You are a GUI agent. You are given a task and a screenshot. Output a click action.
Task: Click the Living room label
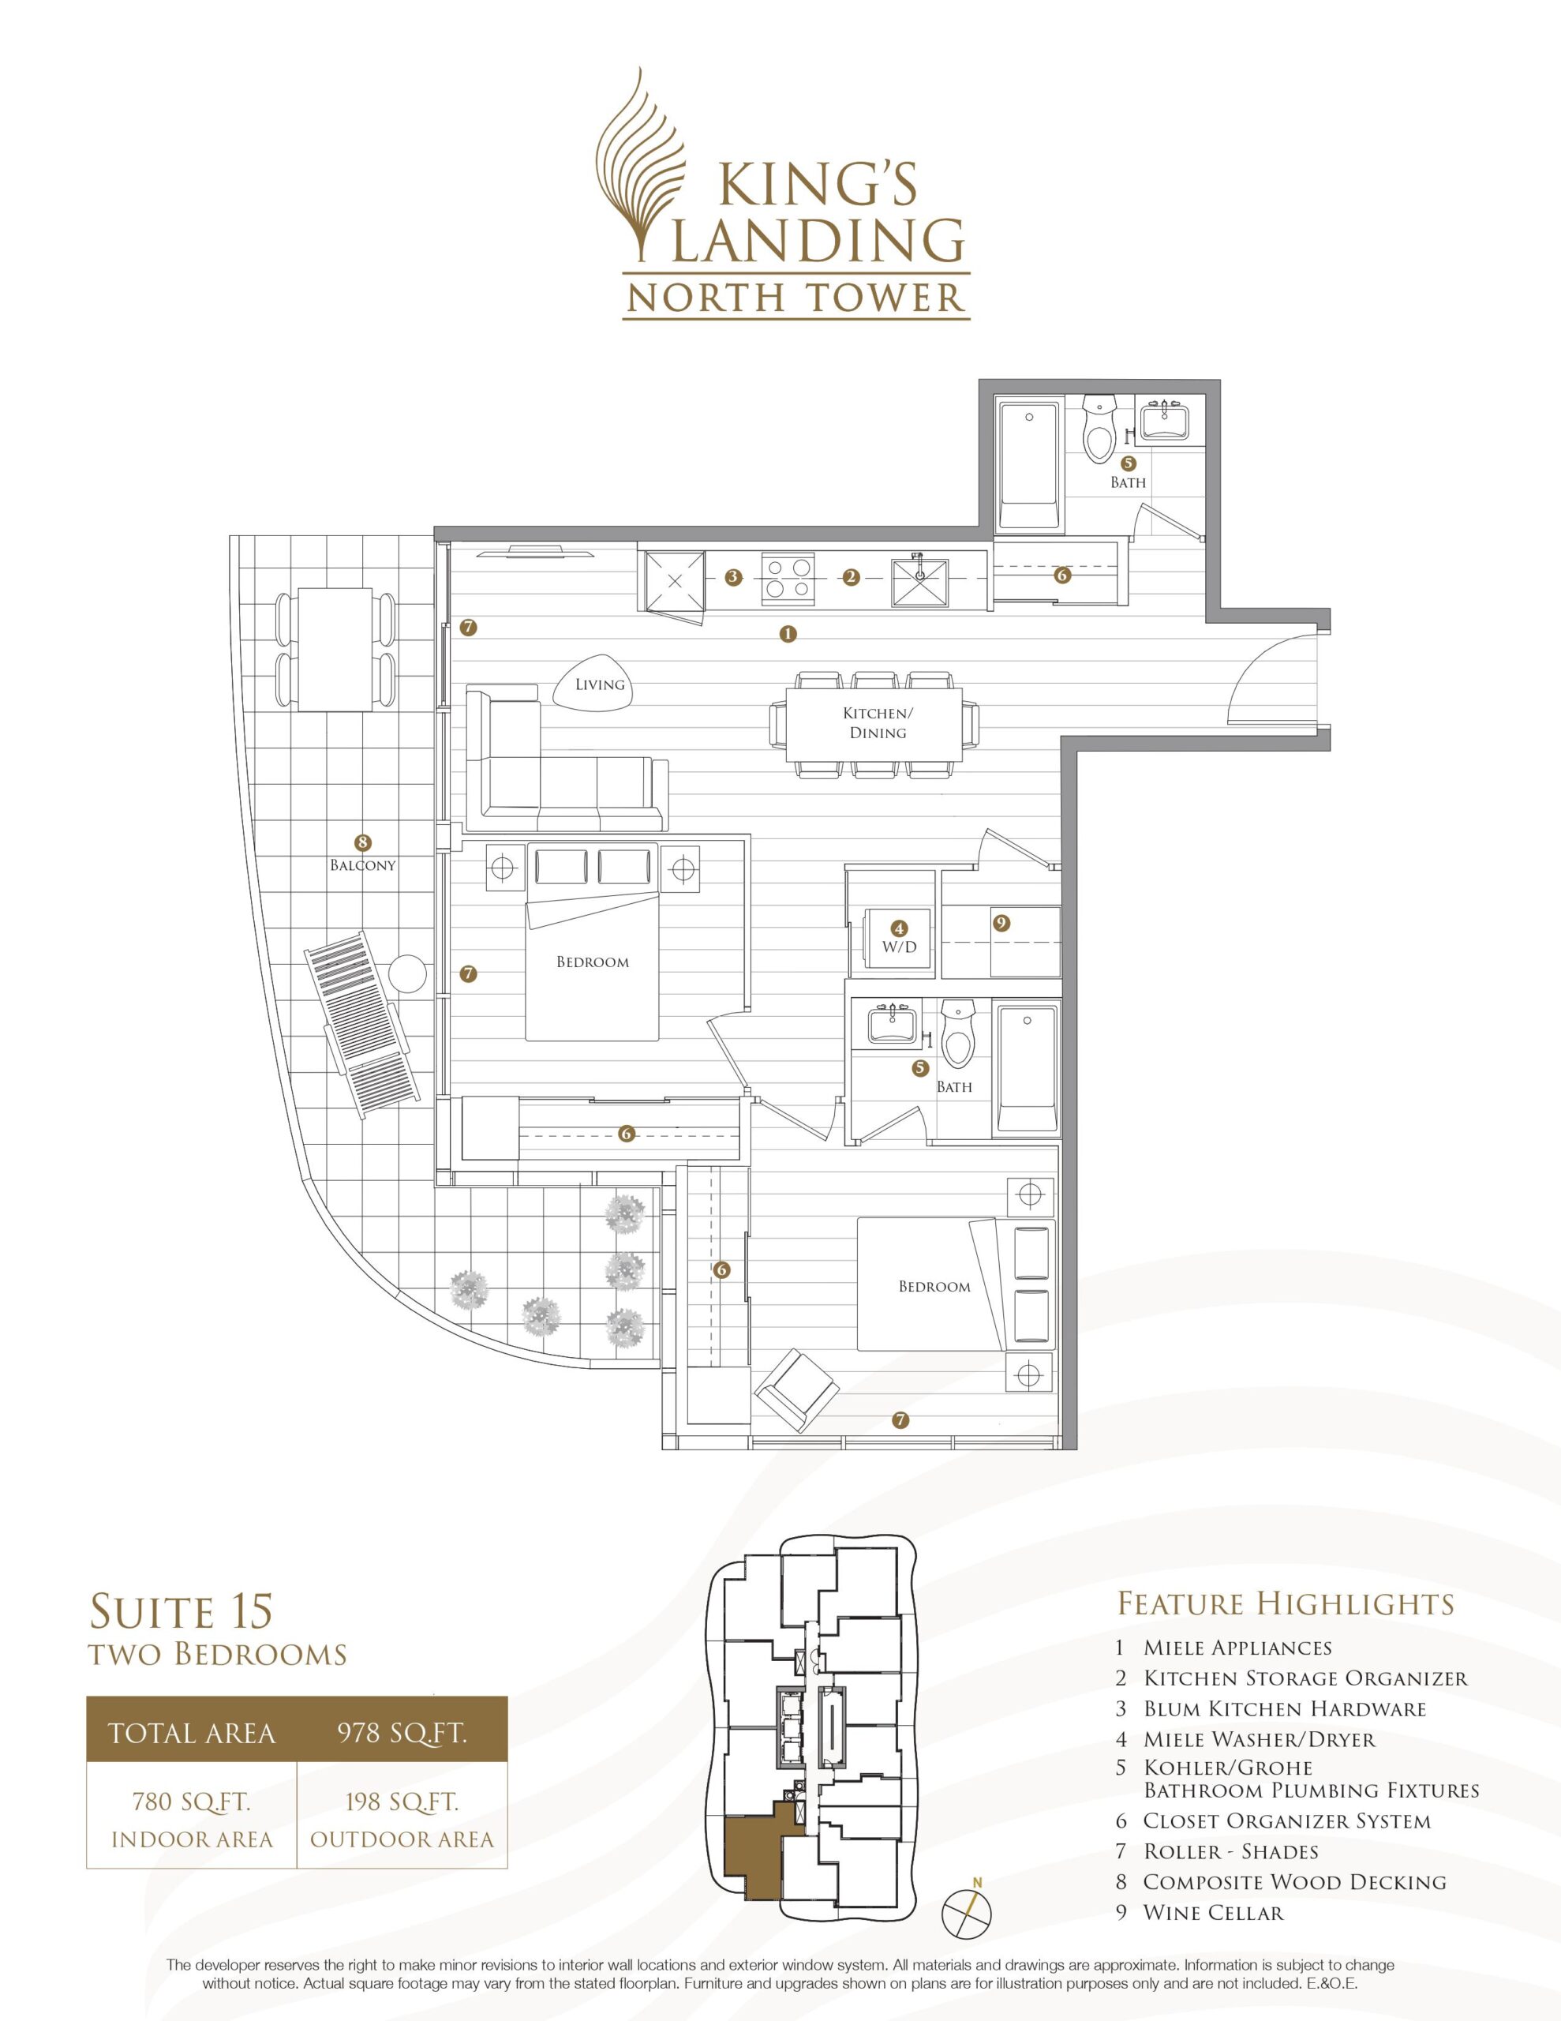tap(600, 684)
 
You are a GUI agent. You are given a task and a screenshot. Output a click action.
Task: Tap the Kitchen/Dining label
tap(878, 722)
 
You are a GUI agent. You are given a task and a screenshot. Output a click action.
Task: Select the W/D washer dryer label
tap(897, 947)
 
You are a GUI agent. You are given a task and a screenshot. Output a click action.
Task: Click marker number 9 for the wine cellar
tap(999, 923)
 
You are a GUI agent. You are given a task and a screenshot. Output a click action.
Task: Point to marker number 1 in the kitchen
tap(788, 634)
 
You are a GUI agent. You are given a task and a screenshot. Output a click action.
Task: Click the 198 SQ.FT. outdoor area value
tap(402, 1802)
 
